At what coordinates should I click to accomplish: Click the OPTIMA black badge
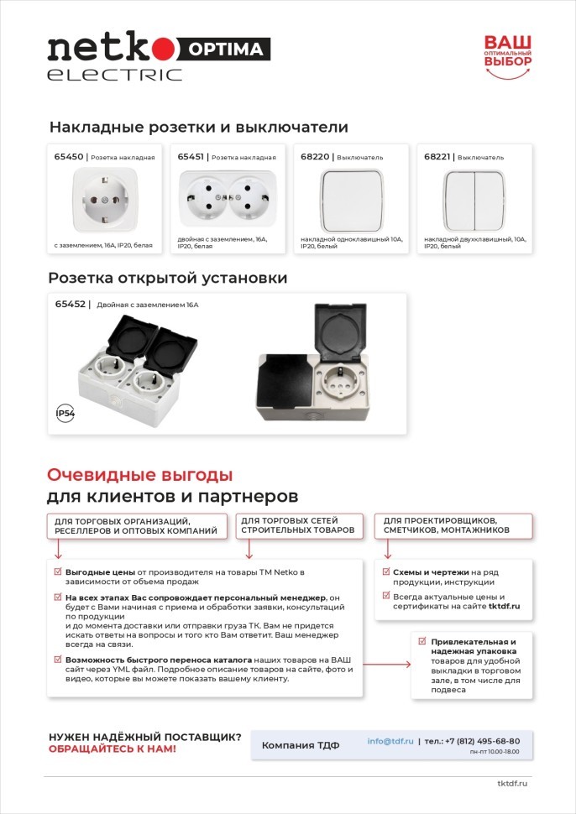[225, 49]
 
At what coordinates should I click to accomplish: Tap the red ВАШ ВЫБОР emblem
[507, 55]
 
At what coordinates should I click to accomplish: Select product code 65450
[69, 157]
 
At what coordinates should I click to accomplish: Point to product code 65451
[192, 157]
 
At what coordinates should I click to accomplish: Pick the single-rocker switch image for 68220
[351, 200]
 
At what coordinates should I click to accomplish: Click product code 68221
[438, 157]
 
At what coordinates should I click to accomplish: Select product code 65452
[70, 305]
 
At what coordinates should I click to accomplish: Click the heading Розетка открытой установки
[168, 278]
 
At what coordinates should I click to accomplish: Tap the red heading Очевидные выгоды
[139, 474]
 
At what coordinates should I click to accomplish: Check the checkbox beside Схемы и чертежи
[386, 571]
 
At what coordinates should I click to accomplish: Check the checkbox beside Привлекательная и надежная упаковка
[423, 641]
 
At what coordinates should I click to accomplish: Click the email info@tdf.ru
[390, 741]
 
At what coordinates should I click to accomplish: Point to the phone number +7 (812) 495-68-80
[484, 741]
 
